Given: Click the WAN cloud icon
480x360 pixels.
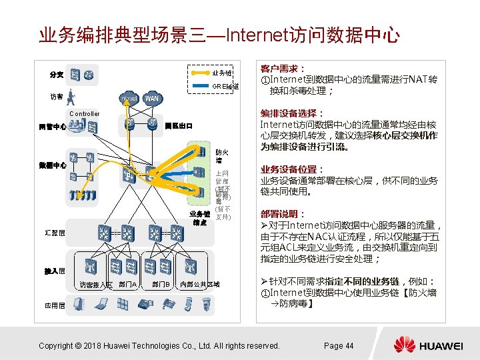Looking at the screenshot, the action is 151,99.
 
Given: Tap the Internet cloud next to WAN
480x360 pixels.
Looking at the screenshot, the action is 129,99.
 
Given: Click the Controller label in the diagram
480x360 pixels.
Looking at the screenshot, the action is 84,114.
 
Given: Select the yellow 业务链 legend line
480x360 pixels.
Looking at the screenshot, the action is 200,73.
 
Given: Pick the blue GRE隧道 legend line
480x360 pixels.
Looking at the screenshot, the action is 200,86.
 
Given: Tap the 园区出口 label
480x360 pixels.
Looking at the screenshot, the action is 179,125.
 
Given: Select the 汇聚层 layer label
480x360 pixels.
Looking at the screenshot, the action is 55,233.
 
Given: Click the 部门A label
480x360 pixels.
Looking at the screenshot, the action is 128,285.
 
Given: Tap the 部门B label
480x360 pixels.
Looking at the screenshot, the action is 161,285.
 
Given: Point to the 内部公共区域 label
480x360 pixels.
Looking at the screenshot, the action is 200,285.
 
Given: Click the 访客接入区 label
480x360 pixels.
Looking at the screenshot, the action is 96,285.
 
